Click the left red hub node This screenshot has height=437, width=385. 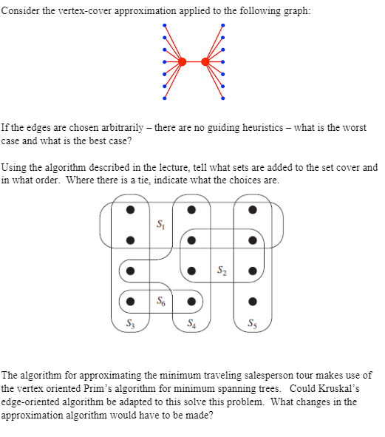click(x=183, y=61)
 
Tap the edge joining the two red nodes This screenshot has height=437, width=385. click(x=194, y=61)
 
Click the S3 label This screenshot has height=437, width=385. click(x=130, y=322)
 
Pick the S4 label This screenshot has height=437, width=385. click(x=191, y=322)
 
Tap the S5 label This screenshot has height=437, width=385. click(x=253, y=322)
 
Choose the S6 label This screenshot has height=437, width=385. click(x=161, y=301)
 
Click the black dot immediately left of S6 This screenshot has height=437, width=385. click(x=130, y=302)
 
